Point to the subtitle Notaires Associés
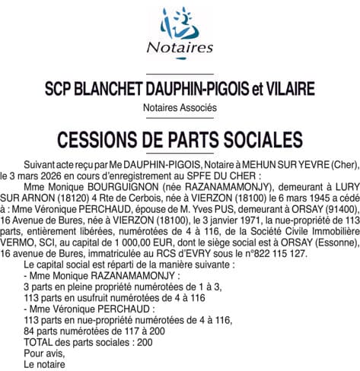point(180,108)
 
